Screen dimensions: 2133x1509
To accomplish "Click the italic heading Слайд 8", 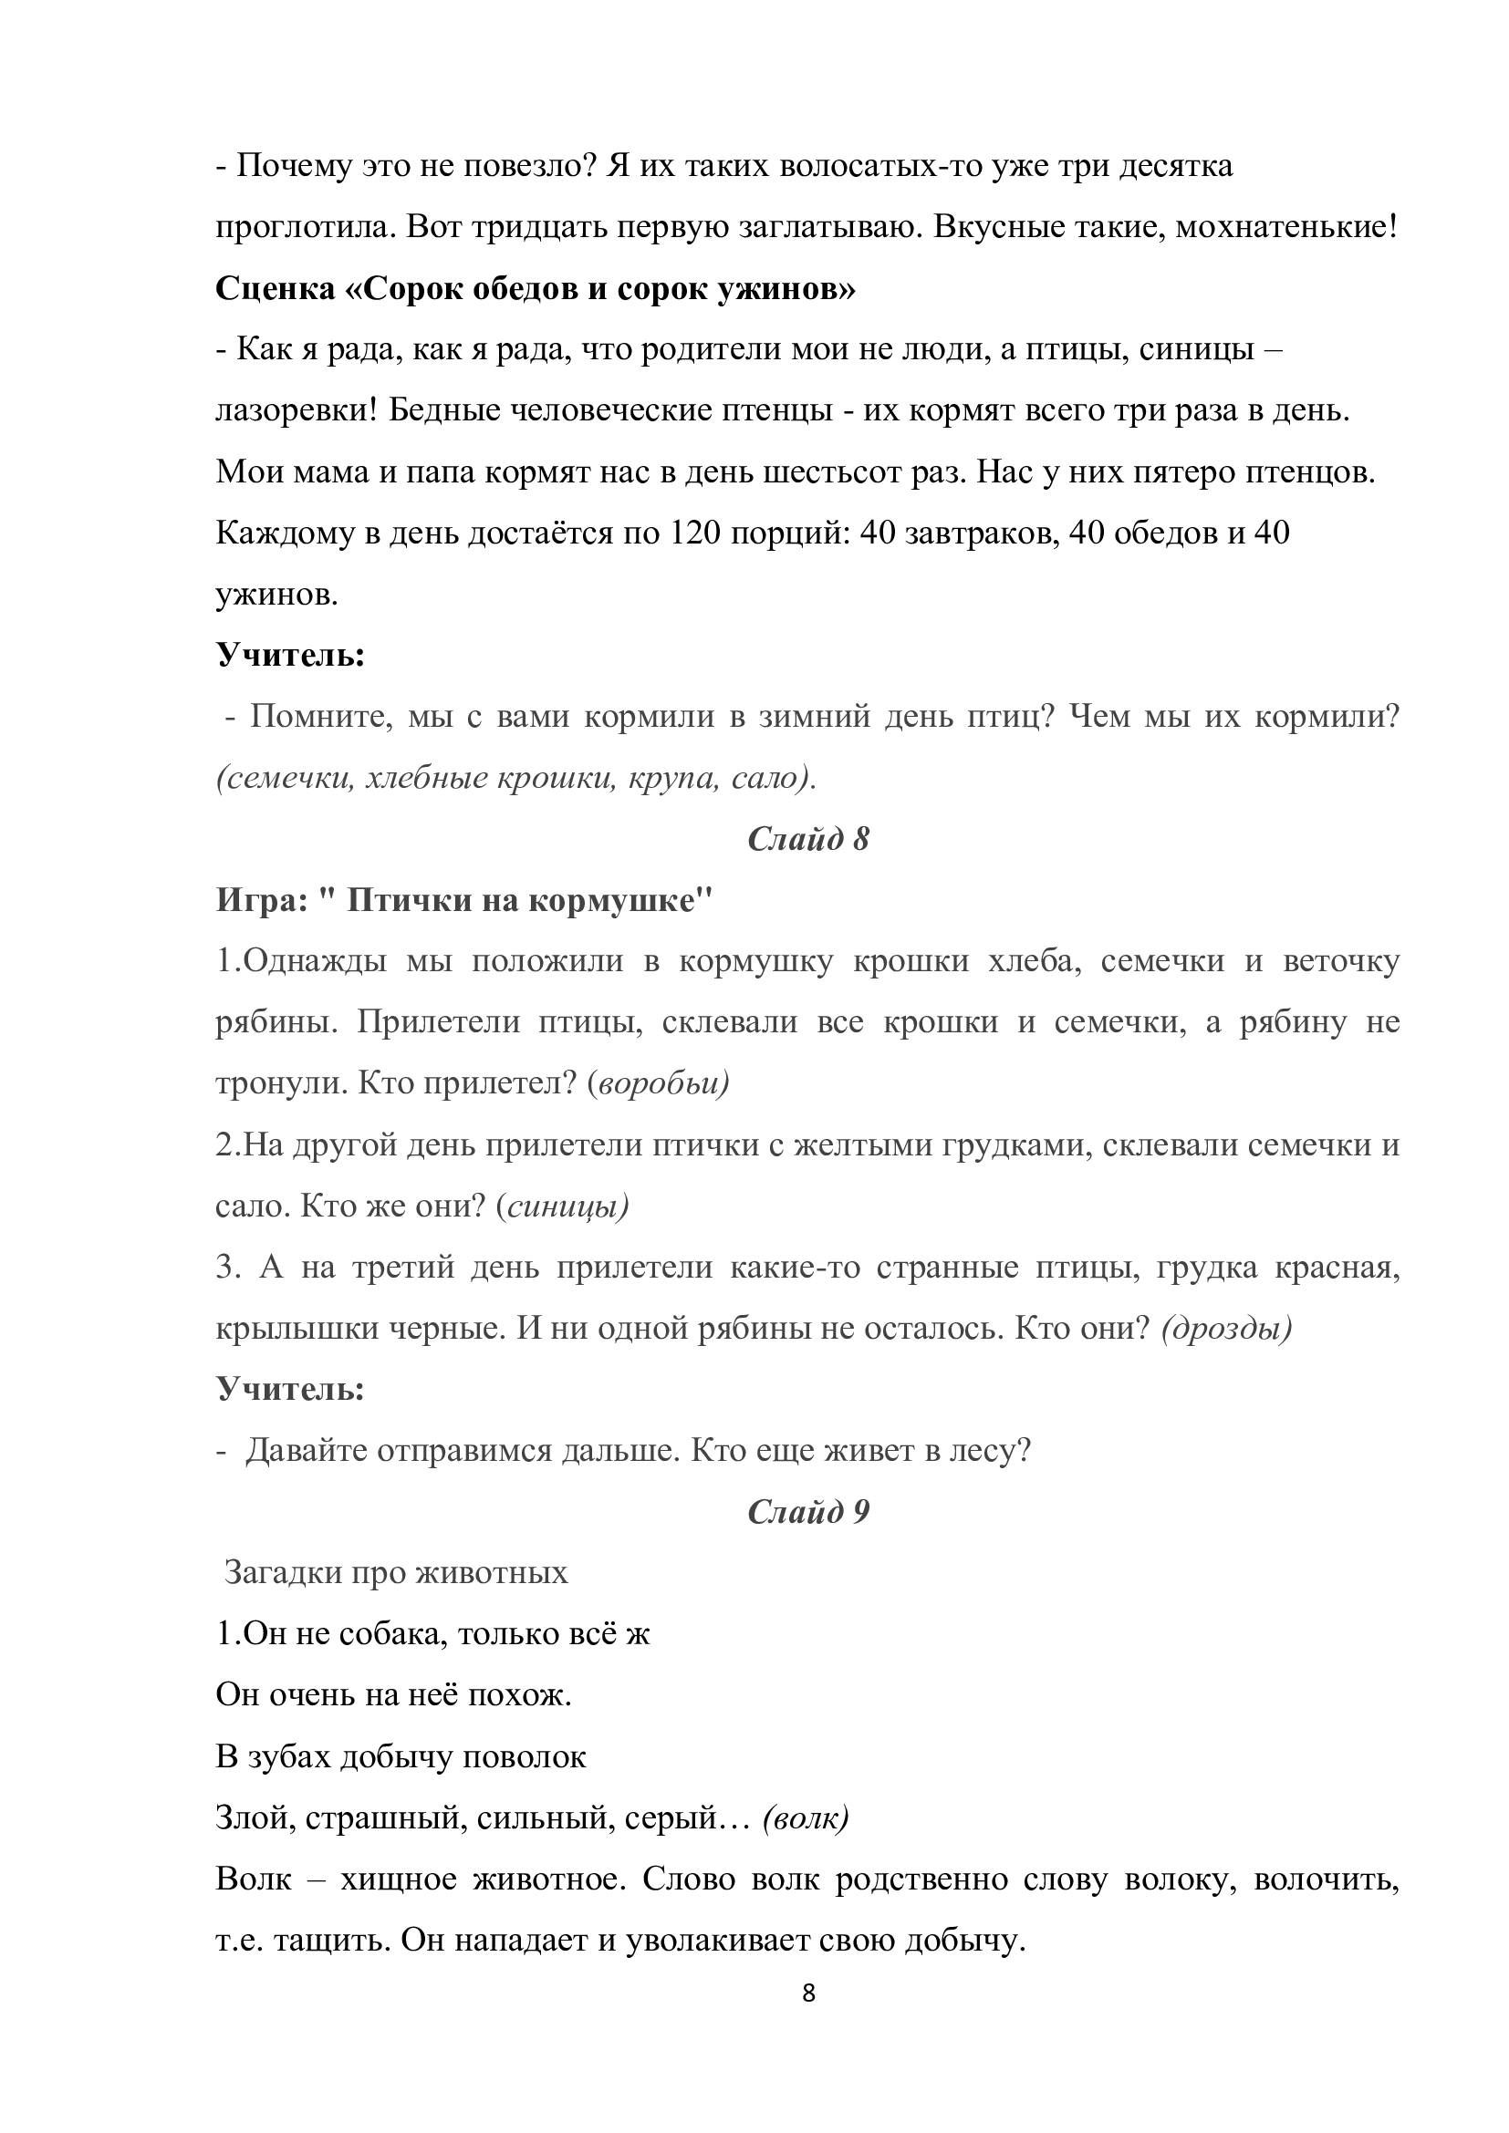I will click(x=807, y=839).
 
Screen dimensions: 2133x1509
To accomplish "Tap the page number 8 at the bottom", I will click(x=808, y=1993).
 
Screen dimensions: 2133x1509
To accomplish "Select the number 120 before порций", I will click(x=696, y=534).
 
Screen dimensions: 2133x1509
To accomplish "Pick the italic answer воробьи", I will click(x=661, y=1083).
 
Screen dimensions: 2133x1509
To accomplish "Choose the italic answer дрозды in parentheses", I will click(x=1226, y=1329).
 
